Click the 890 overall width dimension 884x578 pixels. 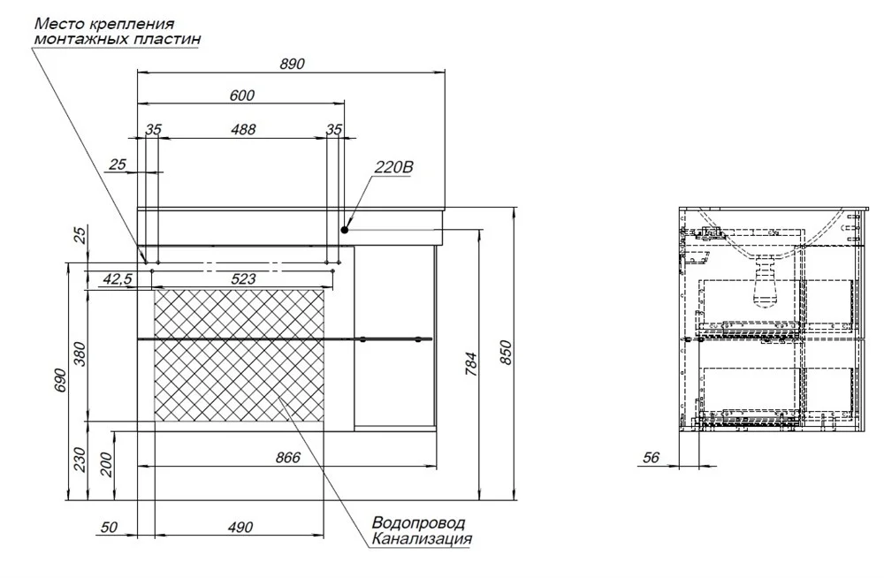point(292,64)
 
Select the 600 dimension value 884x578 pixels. point(242,95)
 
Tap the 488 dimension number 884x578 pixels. point(244,129)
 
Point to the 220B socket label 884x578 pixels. point(393,167)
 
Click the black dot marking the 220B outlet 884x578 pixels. point(345,230)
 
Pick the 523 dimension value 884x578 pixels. point(243,278)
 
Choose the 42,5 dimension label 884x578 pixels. point(118,278)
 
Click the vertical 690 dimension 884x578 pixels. point(61,381)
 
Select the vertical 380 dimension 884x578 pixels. point(80,354)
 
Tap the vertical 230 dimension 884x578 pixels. point(80,460)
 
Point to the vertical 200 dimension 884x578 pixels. point(107,465)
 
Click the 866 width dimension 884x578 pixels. point(288,457)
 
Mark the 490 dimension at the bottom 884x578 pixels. point(240,528)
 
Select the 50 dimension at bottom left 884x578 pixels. point(110,528)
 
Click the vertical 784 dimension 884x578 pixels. point(471,364)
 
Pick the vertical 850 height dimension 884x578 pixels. point(506,353)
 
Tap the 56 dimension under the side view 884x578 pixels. point(652,457)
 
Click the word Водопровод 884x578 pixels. point(419,522)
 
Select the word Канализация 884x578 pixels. point(422,539)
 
